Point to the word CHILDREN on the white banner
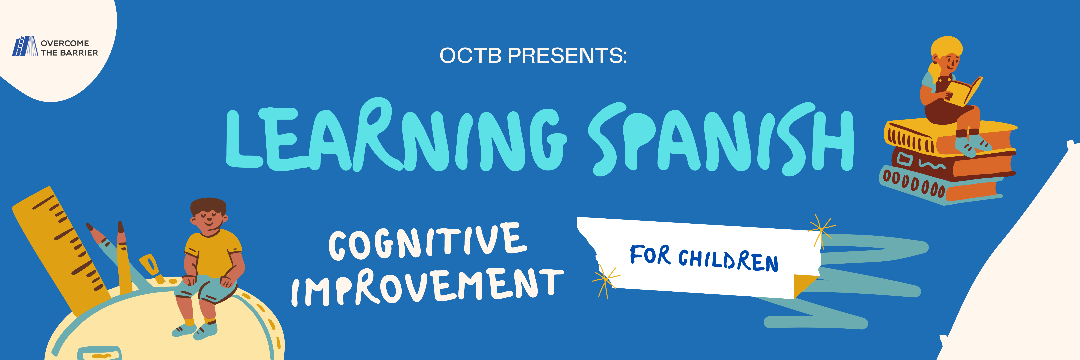(x=728, y=260)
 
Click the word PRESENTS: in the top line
(x=567, y=56)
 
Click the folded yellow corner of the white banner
(x=805, y=285)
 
